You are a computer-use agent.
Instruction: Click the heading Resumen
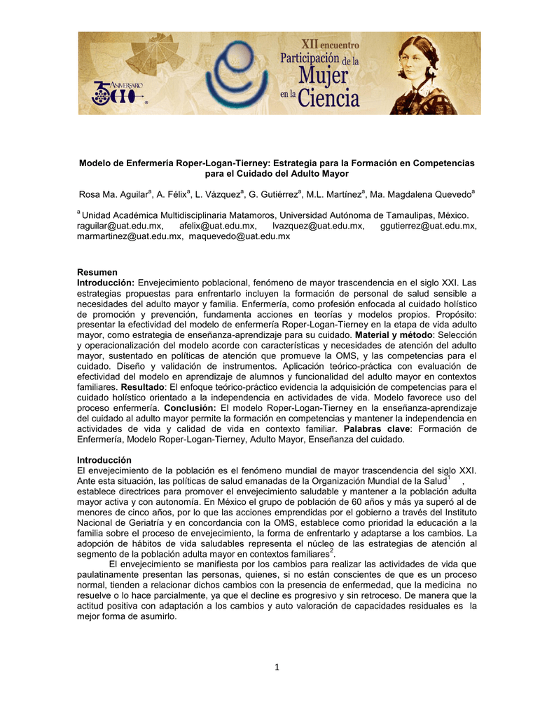(97, 272)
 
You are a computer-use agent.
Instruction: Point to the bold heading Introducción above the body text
(104, 459)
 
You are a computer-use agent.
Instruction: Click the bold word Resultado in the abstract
(143, 386)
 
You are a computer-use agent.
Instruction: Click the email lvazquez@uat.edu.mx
(317, 226)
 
